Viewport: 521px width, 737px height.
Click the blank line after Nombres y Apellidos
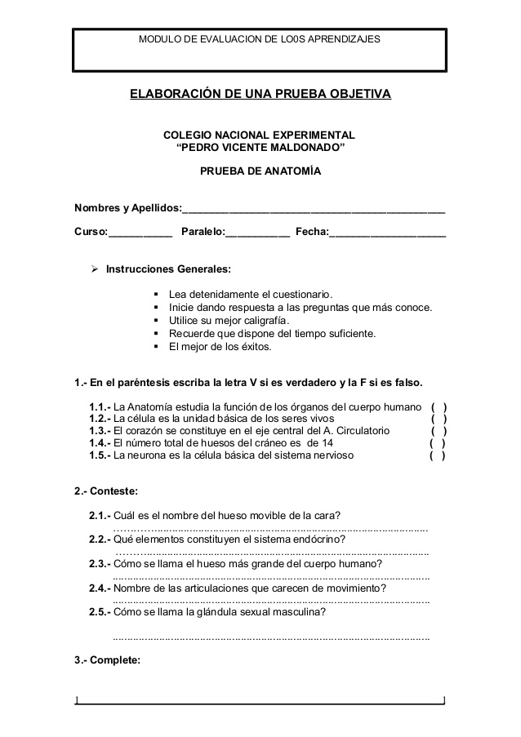click(x=314, y=210)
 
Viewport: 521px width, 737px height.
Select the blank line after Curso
click(x=140, y=235)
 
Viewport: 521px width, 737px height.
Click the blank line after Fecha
click(x=388, y=235)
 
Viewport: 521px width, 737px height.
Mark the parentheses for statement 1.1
click(x=439, y=406)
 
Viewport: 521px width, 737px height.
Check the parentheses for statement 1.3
click(x=439, y=431)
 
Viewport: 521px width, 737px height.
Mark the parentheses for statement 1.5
click(x=437, y=456)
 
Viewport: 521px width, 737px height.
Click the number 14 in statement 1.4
click(x=326, y=443)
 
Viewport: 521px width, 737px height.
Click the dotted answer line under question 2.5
click(x=270, y=637)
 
